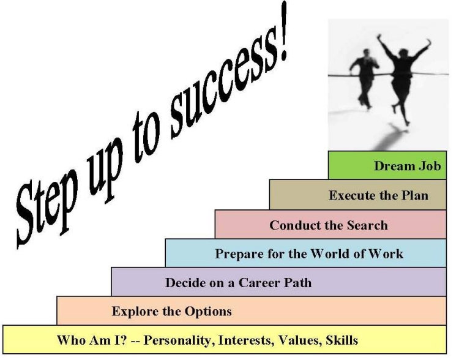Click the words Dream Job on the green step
(x=408, y=166)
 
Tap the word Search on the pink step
(x=367, y=225)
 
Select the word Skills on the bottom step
(x=341, y=340)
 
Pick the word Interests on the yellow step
(x=246, y=340)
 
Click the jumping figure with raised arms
(x=403, y=76)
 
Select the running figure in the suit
(x=365, y=78)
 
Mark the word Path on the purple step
(x=299, y=283)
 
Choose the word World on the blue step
(x=330, y=253)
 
